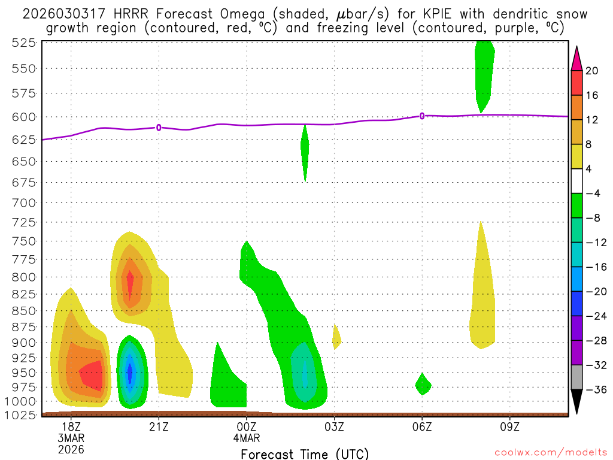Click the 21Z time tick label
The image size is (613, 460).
pyautogui.click(x=159, y=426)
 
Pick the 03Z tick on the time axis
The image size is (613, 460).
pyautogui.click(x=334, y=426)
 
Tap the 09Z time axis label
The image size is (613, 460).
pyautogui.click(x=509, y=426)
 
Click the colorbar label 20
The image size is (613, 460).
pyautogui.click(x=593, y=71)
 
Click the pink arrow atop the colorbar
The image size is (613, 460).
pyautogui.click(x=576, y=58)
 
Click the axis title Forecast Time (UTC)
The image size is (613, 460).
pyautogui.click(x=305, y=454)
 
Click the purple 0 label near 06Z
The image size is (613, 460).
pyautogui.click(x=422, y=116)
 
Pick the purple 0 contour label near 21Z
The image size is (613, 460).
pyautogui.click(x=159, y=127)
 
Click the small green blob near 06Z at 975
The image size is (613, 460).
pyautogui.click(x=423, y=385)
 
